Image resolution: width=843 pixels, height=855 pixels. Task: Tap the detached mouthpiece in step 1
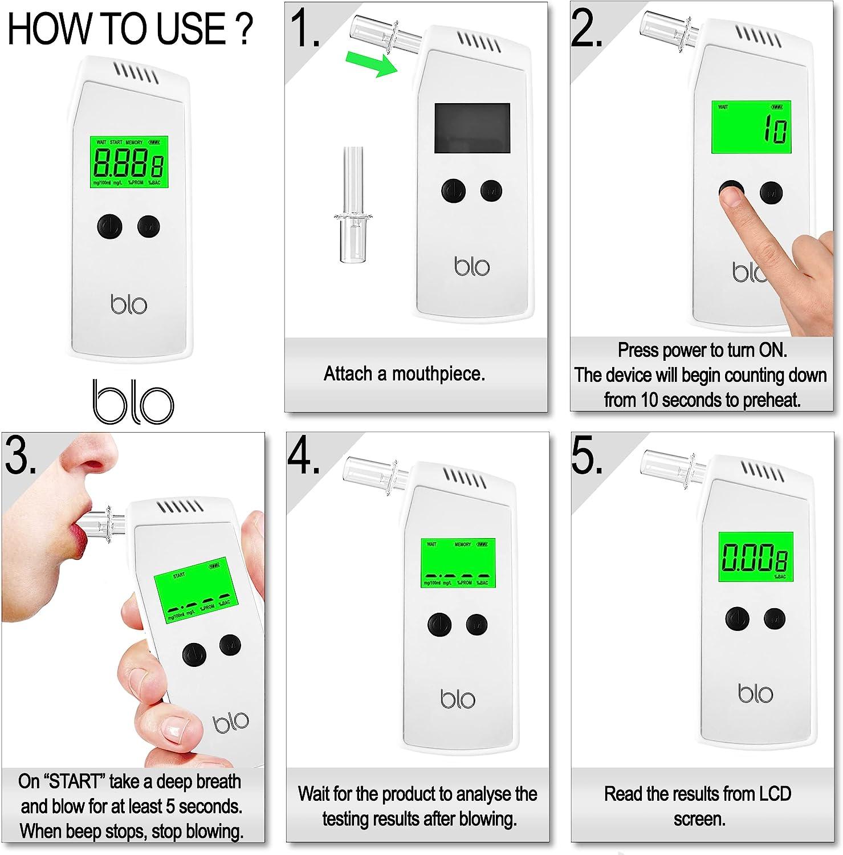click(x=353, y=205)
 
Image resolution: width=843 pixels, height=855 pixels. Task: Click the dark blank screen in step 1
click(x=472, y=128)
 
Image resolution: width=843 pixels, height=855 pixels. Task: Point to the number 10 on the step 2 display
click(x=776, y=129)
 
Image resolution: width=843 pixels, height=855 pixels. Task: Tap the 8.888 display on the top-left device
click(x=129, y=162)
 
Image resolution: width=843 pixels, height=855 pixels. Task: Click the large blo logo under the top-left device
click(x=133, y=402)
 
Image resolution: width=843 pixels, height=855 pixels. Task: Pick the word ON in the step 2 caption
click(x=772, y=350)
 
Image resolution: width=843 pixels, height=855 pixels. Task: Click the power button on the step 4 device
click(x=439, y=625)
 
